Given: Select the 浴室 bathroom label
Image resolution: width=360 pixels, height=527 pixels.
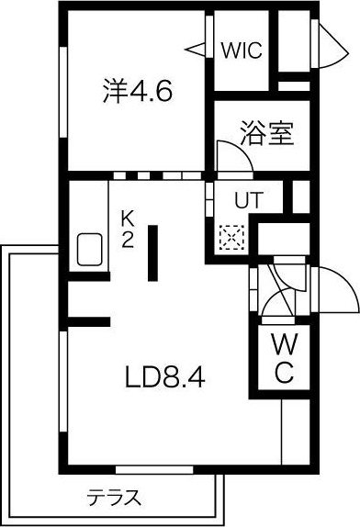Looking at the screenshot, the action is tap(266, 134).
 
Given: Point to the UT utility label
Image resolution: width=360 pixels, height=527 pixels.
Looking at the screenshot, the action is tap(247, 199).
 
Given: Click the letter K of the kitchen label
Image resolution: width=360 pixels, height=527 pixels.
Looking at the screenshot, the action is tap(129, 219).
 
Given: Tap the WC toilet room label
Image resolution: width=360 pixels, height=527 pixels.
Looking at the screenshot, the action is tap(284, 359).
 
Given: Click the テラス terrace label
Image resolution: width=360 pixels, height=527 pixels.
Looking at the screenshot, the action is tap(114, 499).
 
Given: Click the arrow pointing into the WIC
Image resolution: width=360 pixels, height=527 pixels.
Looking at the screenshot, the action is tap(197, 47).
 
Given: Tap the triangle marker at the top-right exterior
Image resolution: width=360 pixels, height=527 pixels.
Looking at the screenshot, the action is tap(327, 41).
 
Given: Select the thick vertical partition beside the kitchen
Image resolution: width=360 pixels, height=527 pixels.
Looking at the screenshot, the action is tap(153, 252).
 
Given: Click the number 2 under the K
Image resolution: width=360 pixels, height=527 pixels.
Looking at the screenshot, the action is tap(129, 239).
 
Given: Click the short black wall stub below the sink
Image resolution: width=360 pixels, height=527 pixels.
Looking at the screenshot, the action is tap(88, 320).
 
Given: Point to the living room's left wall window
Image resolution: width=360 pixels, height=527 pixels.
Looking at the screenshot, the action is tap(64, 395).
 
